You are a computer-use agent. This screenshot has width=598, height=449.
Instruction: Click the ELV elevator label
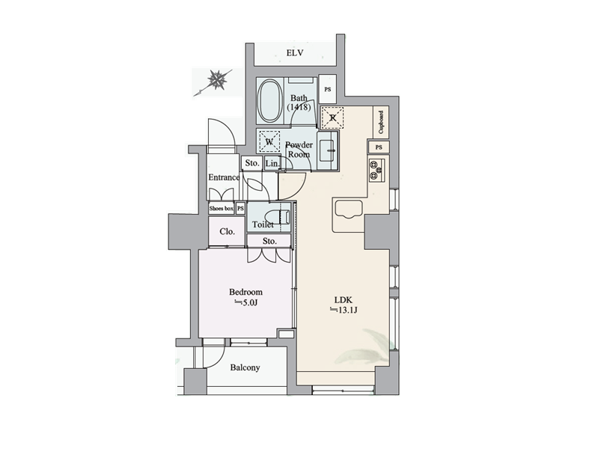pos(295,52)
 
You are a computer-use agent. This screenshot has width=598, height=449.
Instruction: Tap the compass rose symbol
pos(216,80)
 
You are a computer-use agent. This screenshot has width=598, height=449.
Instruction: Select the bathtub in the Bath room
pos(269,101)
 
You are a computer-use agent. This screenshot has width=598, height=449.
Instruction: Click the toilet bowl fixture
pos(281,217)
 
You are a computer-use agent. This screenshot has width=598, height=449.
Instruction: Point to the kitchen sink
pos(348,210)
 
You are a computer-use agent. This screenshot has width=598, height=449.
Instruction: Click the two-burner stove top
pos(376,170)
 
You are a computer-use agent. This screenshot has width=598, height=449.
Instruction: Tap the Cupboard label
pos(381,122)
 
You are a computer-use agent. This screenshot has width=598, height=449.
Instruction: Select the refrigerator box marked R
pos(332,118)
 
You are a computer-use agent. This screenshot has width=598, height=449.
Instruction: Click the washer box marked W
pos(269,141)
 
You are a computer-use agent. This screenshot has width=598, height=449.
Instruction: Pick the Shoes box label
pos(222,209)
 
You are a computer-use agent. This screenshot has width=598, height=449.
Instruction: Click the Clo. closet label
pos(227,231)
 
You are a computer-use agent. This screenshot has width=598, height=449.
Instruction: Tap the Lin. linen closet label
pos(272,163)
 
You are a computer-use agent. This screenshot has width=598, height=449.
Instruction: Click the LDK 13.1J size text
pos(344,310)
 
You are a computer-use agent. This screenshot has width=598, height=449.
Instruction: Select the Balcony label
pos(245,367)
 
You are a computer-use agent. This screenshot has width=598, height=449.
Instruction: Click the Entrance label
pos(224,177)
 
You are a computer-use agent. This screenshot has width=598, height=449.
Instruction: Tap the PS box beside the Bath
pos(327,89)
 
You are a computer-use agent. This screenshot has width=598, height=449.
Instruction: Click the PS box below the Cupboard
pos(378,147)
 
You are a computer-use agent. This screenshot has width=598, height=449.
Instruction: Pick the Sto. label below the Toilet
pos(269,241)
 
